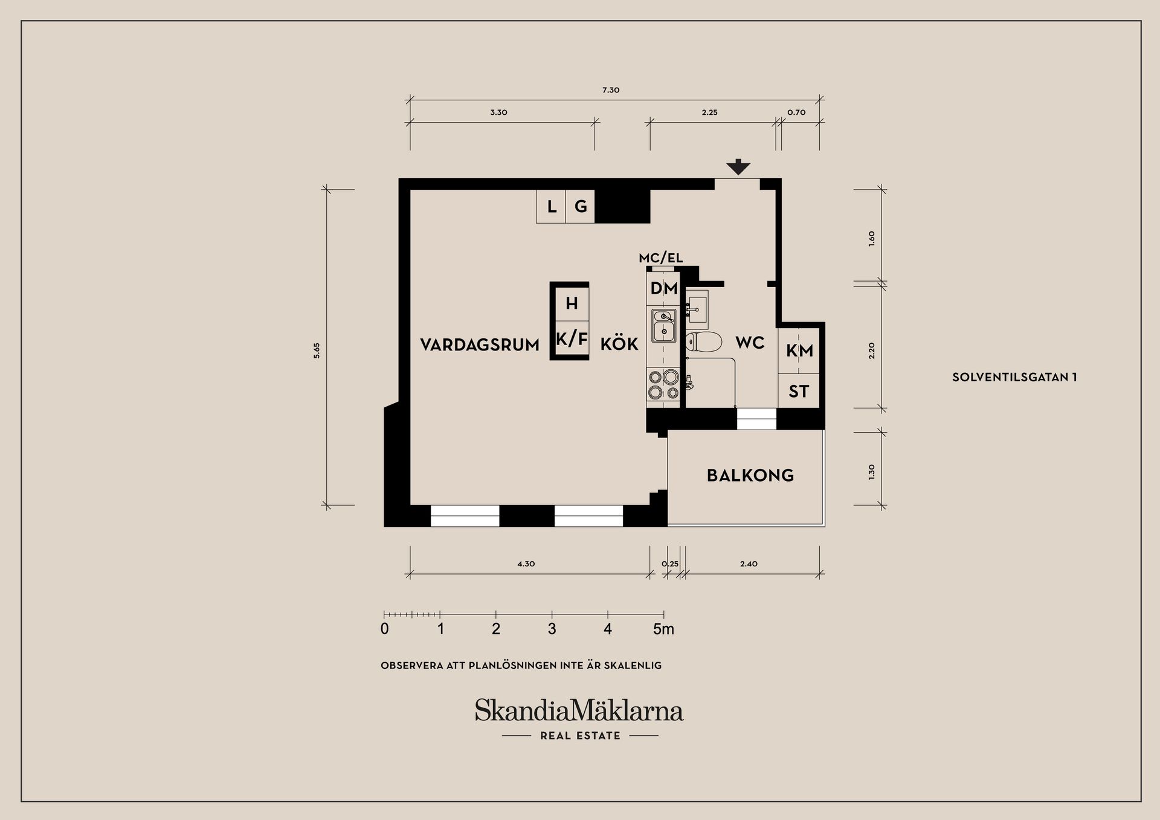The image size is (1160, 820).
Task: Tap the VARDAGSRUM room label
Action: [480, 345]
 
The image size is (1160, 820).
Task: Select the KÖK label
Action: [619, 344]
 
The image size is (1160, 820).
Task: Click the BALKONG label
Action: [750, 476]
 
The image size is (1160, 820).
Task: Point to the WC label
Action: [750, 343]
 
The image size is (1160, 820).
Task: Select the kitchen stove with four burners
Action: [663, 384]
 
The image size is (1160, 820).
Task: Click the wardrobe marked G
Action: [581, 207]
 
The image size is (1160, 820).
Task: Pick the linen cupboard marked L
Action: [551, 207]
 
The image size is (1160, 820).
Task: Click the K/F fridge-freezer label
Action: [572, 339]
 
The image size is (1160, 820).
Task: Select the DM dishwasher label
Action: [664, 289]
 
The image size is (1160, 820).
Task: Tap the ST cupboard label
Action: [799, 392]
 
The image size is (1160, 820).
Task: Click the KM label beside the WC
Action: [799, 350]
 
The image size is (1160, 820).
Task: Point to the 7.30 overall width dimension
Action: [611, 90]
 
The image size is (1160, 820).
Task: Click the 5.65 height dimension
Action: [317, 350]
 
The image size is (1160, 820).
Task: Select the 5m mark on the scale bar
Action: [663, 629]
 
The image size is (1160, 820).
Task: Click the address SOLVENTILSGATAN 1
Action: [1014, 377]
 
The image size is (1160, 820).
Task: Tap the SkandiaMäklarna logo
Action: [579, 710]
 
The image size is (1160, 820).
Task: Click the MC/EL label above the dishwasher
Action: [661, 258]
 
